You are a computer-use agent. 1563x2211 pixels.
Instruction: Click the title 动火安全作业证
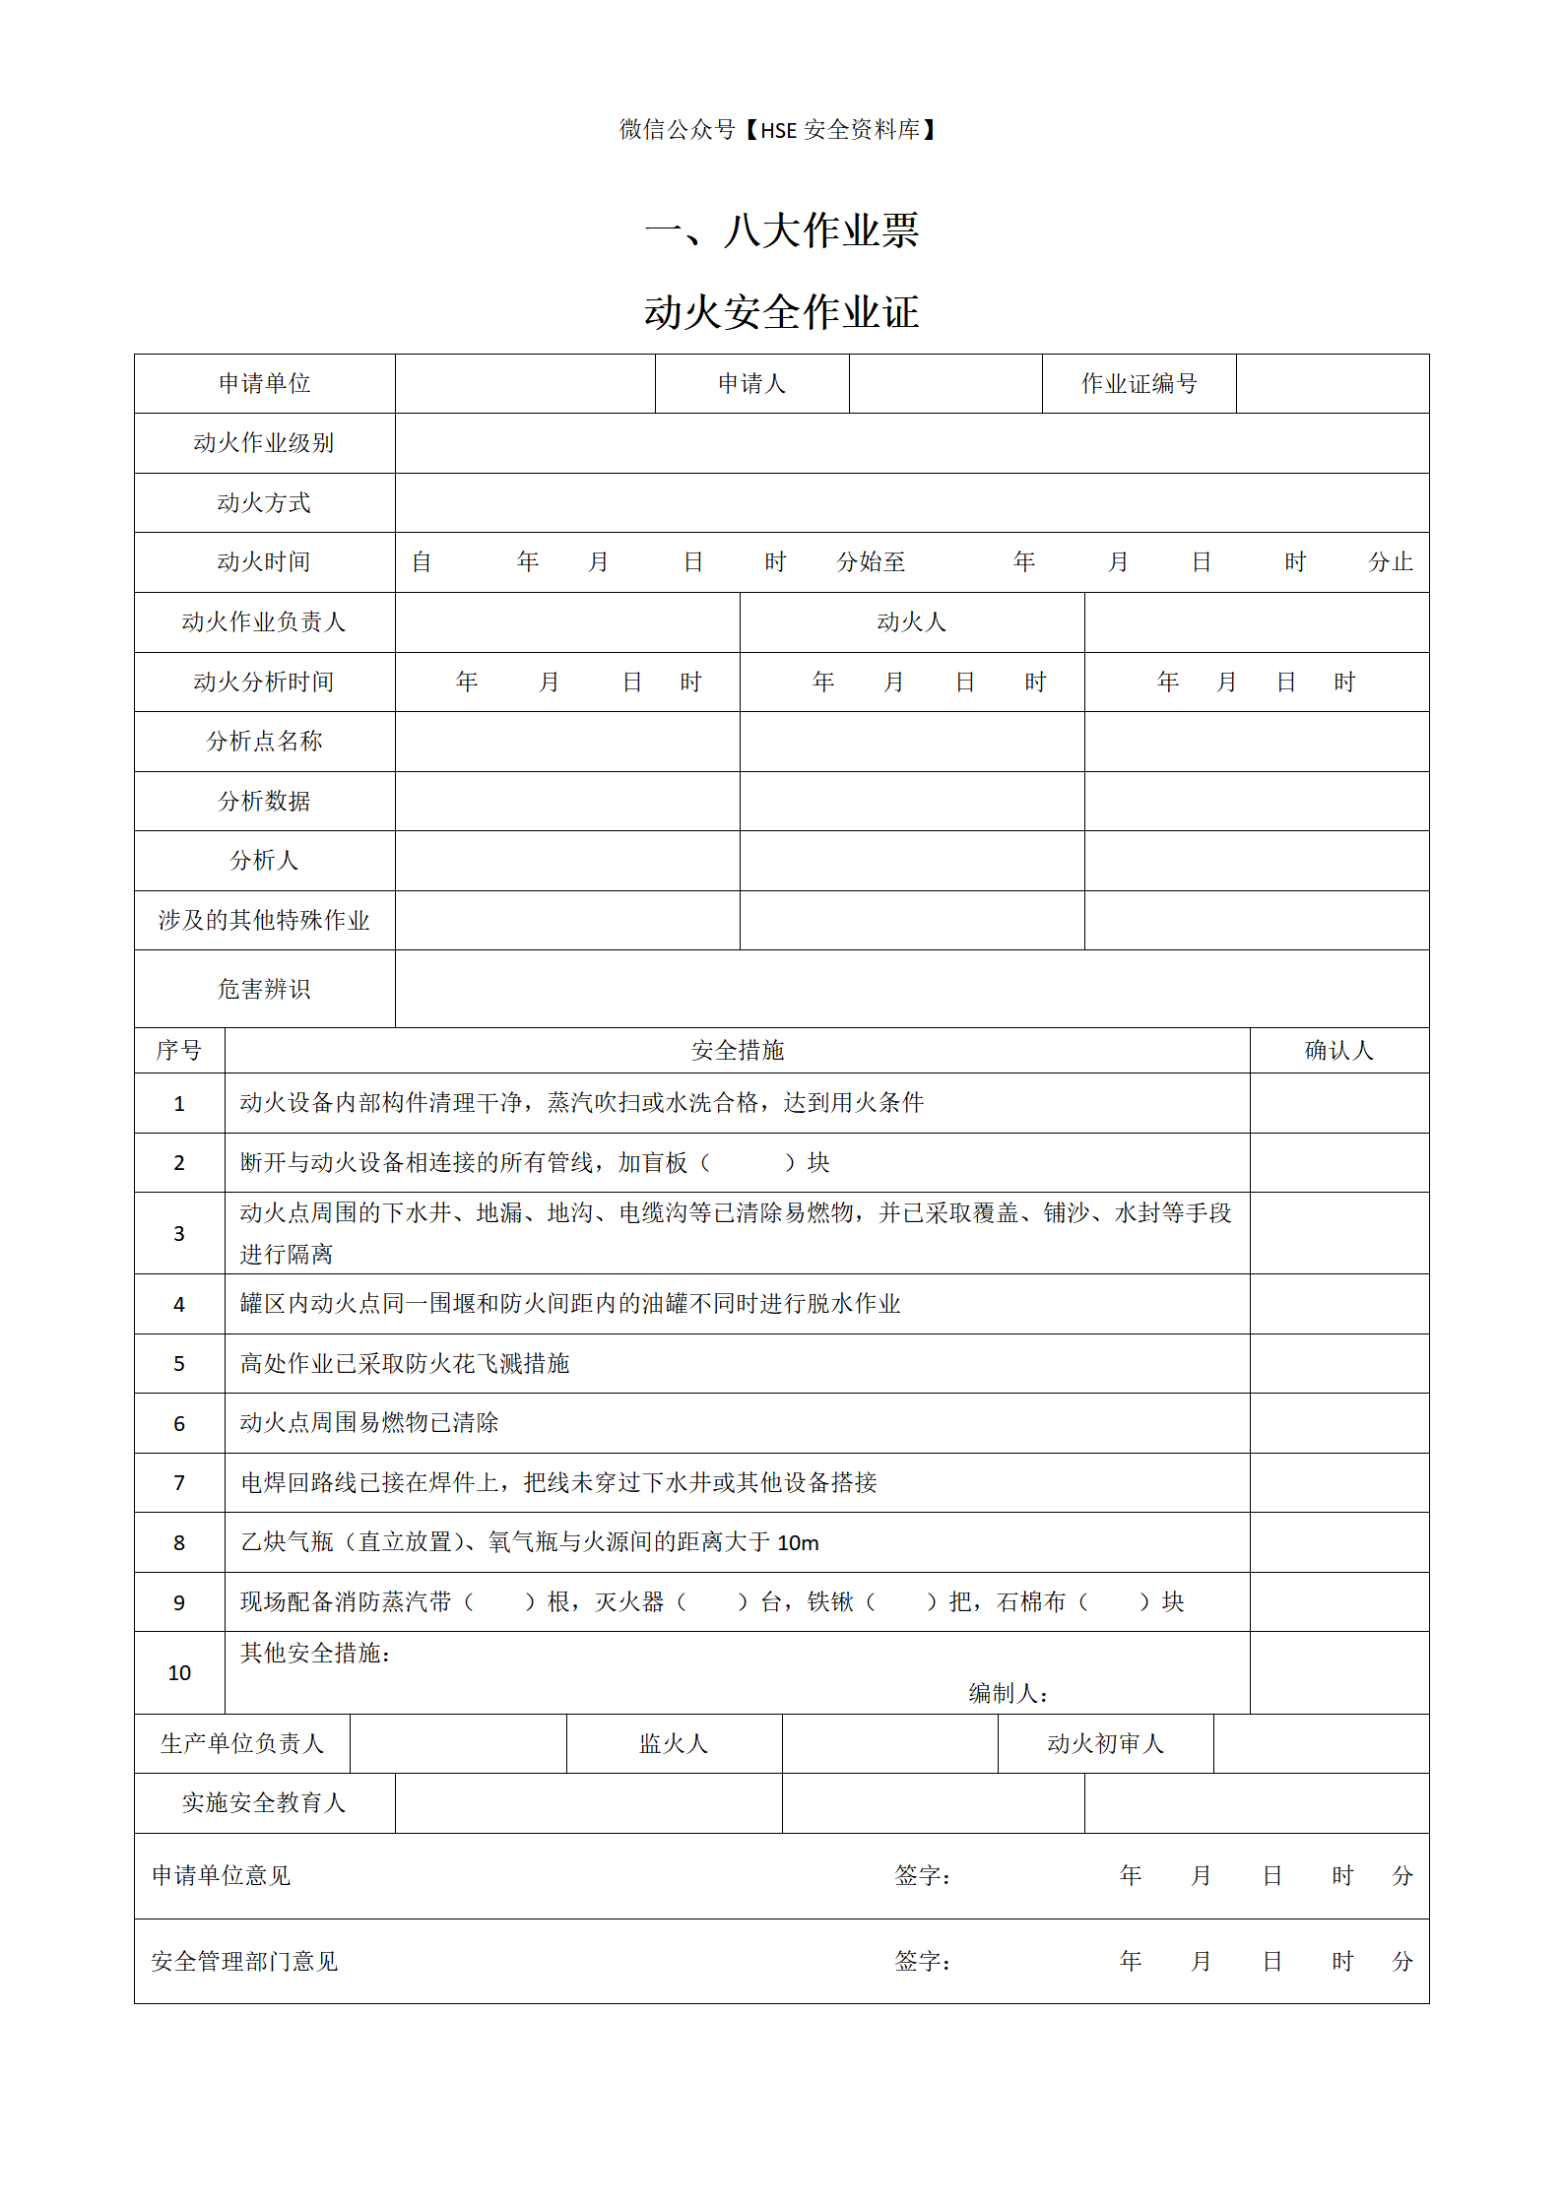(x=781, y=312)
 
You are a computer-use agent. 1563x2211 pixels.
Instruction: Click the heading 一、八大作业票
(x=781, y=230)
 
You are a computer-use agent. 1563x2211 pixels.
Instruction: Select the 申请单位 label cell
(x=264, y=383)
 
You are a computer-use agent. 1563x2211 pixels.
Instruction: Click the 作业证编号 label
(x=1139, y=383)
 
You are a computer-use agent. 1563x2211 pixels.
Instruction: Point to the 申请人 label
(x=751, y=383)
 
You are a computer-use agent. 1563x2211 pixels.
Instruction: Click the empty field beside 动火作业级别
(x=911, y=443)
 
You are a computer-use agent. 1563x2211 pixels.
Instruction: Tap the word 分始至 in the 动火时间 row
(x=871, y=562)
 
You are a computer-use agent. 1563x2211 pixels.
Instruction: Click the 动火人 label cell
(x=911, y=622)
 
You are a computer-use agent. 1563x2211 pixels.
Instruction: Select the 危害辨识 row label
(x=264, y=989)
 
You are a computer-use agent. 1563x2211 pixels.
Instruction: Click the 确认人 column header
(x=1338, y=1051)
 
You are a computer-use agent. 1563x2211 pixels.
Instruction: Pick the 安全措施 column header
(x=737, y=1051)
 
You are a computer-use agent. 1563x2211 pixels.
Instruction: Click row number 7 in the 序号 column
(x=179, y=1483)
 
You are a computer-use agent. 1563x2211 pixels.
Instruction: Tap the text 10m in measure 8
(x=798, y=1543)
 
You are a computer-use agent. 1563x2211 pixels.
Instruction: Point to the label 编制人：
(x=1008, y=1694)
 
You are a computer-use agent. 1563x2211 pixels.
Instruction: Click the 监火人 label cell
(x=674, y=1744)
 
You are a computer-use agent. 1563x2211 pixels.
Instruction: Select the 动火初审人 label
(x=1105, y=1744)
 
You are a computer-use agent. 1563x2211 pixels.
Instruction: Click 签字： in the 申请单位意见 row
(x=923, y=1876)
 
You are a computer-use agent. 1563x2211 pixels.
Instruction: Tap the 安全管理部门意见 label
(x=244, y=1962)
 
